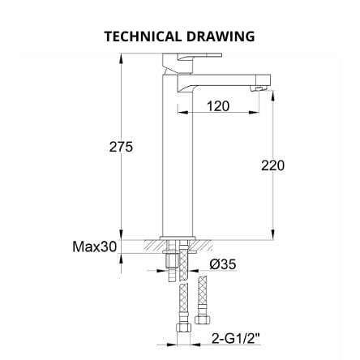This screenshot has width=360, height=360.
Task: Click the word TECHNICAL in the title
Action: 144,36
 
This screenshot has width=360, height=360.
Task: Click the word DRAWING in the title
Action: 221,36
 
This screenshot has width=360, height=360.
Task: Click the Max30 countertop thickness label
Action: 94,246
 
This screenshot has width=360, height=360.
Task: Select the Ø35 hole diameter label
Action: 221,264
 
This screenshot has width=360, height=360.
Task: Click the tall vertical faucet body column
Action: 177,162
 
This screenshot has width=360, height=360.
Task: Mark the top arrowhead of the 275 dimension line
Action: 121,57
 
